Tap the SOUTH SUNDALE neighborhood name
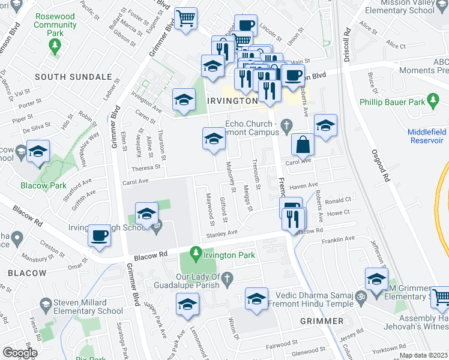point(73,77)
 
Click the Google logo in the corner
point(20,352)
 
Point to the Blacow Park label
point(50,185)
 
